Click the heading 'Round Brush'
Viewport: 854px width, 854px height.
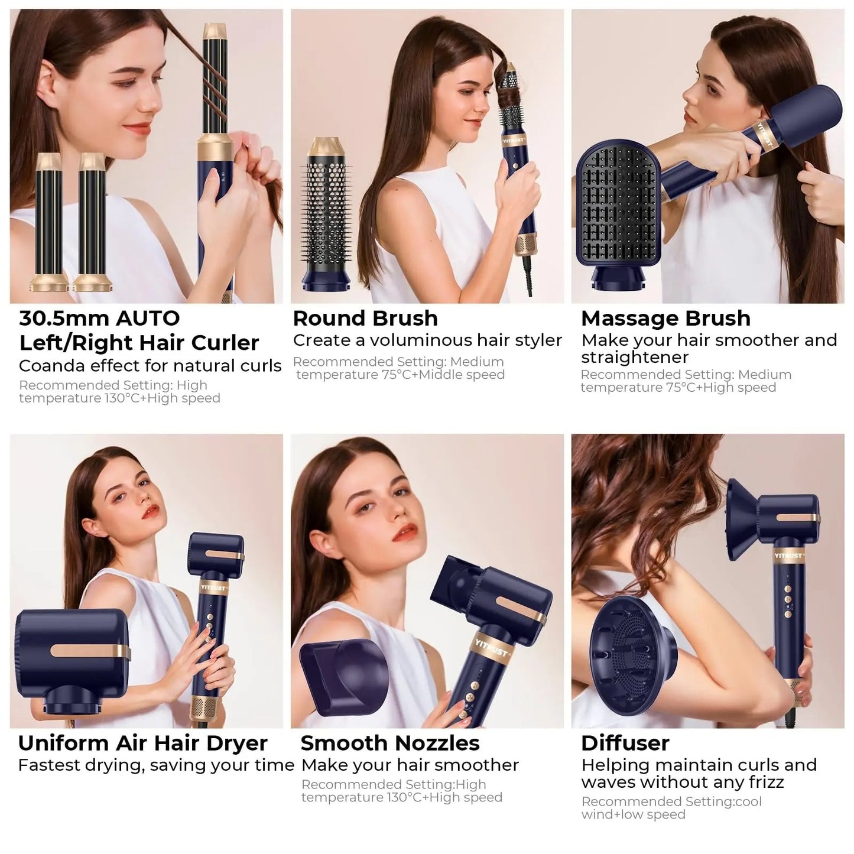(x=365, y=319)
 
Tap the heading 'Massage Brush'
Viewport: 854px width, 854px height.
(x=665, y=319)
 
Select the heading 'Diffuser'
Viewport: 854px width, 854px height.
(x=625, y=743)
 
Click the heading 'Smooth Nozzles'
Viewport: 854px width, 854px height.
(x=390, y=743)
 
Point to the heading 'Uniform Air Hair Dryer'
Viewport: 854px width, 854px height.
(x=142, y=743)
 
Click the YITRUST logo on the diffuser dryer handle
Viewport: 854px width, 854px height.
(x=788, y=556)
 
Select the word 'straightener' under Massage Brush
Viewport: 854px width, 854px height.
(x=634, y=358)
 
